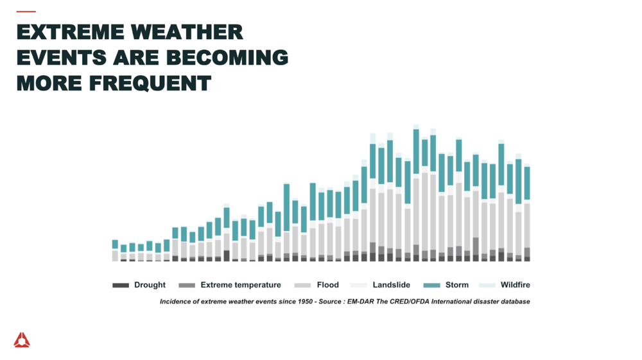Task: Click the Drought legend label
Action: (x=150, y=285)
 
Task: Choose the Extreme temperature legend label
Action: (x=241, y=285)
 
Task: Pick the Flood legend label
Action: (x=327, y=285)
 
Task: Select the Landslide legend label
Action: (x=392, y=285)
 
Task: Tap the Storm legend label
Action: (x=457, y=285)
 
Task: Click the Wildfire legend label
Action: (x=515, y=285)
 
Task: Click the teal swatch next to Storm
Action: (x=432, y=285)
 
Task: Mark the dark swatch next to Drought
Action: (x=121, y=285)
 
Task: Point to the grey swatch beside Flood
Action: (x=302, y=285)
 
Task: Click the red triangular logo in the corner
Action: (x=22, y=340)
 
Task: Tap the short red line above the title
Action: (x=26, y=12)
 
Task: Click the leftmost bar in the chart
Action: (x=115, y=251)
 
